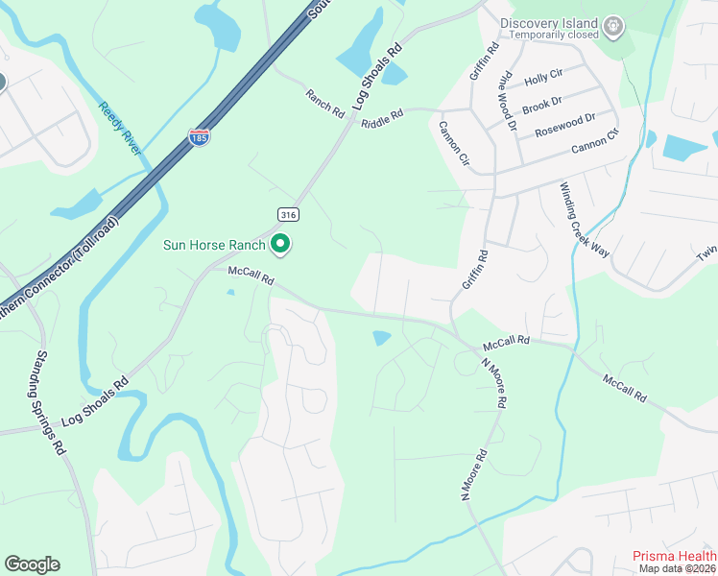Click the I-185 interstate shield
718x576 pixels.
coord(199,137)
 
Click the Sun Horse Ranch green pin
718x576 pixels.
coord(280,246)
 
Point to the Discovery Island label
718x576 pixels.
coord(550,23)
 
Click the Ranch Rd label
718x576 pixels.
coord(324,104)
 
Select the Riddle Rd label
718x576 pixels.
coord(382,118)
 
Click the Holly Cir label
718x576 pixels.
coord(543,75)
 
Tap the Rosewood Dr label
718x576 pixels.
coord(565,125)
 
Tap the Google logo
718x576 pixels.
coord(32,564)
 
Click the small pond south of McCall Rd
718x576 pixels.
coord(382,338)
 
